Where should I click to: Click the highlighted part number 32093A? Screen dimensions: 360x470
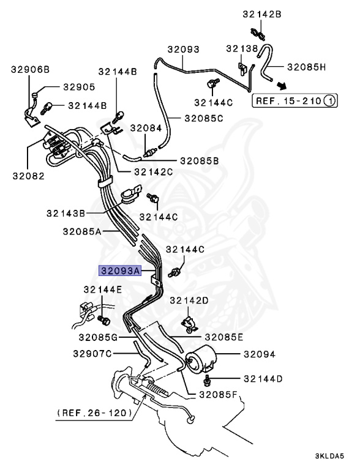[x=120, y=271]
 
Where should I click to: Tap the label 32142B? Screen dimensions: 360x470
[x=262, y=15]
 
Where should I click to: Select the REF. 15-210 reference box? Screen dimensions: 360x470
[x=294, y=101]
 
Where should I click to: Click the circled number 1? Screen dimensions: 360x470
[x=330, y=101]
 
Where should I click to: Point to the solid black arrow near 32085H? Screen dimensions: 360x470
[x=281, y=86]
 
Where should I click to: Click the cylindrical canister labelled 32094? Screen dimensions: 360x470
[x=201, y=359]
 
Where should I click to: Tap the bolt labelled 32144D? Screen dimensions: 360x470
[x=207, y=380]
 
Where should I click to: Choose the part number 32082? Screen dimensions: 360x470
[x=29, y=176]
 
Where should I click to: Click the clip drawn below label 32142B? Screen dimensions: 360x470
[x=257, y=34]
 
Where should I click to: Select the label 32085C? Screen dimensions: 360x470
[x=204, y=118]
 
